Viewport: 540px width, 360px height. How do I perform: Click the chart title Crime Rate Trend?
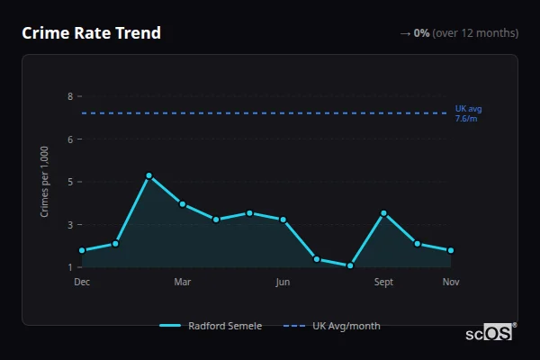coord(91,33)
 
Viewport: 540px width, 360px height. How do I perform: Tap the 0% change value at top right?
coord(421,33)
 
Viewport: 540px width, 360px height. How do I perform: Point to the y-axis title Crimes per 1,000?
coord(44,181)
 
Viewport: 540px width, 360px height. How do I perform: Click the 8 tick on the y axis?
coord(69,96)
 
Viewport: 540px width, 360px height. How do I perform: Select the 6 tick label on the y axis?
coord(69,139)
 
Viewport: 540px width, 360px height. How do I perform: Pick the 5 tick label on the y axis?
coord(69,182)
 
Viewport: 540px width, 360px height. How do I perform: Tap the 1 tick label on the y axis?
coord(69,267)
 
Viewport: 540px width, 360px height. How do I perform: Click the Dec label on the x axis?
coord(82,283)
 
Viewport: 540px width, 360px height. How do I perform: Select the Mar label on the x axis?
coord(183,283)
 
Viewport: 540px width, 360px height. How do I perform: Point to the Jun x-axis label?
coord(283,283)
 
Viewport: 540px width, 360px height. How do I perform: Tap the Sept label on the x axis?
coord(383,283)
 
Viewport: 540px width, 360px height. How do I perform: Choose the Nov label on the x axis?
coord(451,283)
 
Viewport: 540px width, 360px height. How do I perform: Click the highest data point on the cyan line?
coord(148,175)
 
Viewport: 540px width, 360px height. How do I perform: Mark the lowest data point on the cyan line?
coord(350,265)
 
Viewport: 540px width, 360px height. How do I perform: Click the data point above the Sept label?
coord(383,213)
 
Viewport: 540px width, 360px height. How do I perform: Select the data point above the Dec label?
coord(82,250)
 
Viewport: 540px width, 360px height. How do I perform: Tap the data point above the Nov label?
coord(451,250)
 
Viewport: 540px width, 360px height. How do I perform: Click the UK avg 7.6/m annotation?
coord(468,113)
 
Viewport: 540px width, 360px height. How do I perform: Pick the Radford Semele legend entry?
coord(211,326)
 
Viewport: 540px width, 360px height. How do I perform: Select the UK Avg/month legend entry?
coord(332,326)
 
